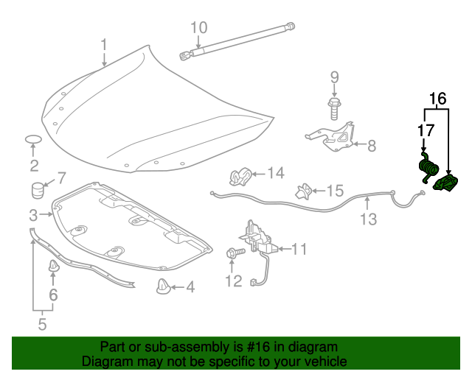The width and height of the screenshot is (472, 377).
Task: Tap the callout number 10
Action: point(198,28)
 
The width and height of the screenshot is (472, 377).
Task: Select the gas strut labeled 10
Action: point(236,40)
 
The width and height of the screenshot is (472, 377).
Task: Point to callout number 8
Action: point(372,145)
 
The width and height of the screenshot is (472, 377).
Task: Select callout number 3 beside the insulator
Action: point(33,215)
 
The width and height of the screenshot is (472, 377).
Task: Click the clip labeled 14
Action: point(240,177)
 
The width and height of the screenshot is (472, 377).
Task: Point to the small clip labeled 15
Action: point(302,191)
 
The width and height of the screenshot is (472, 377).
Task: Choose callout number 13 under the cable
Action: point(368,219)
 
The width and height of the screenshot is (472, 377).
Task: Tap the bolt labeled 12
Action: point(232,254)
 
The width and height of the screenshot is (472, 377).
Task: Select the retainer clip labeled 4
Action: point(164,286)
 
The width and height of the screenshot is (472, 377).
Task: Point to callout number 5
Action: point(42,323)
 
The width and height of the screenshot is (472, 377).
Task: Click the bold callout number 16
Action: point(437,98)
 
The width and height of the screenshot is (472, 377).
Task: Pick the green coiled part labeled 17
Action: point(426,170)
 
